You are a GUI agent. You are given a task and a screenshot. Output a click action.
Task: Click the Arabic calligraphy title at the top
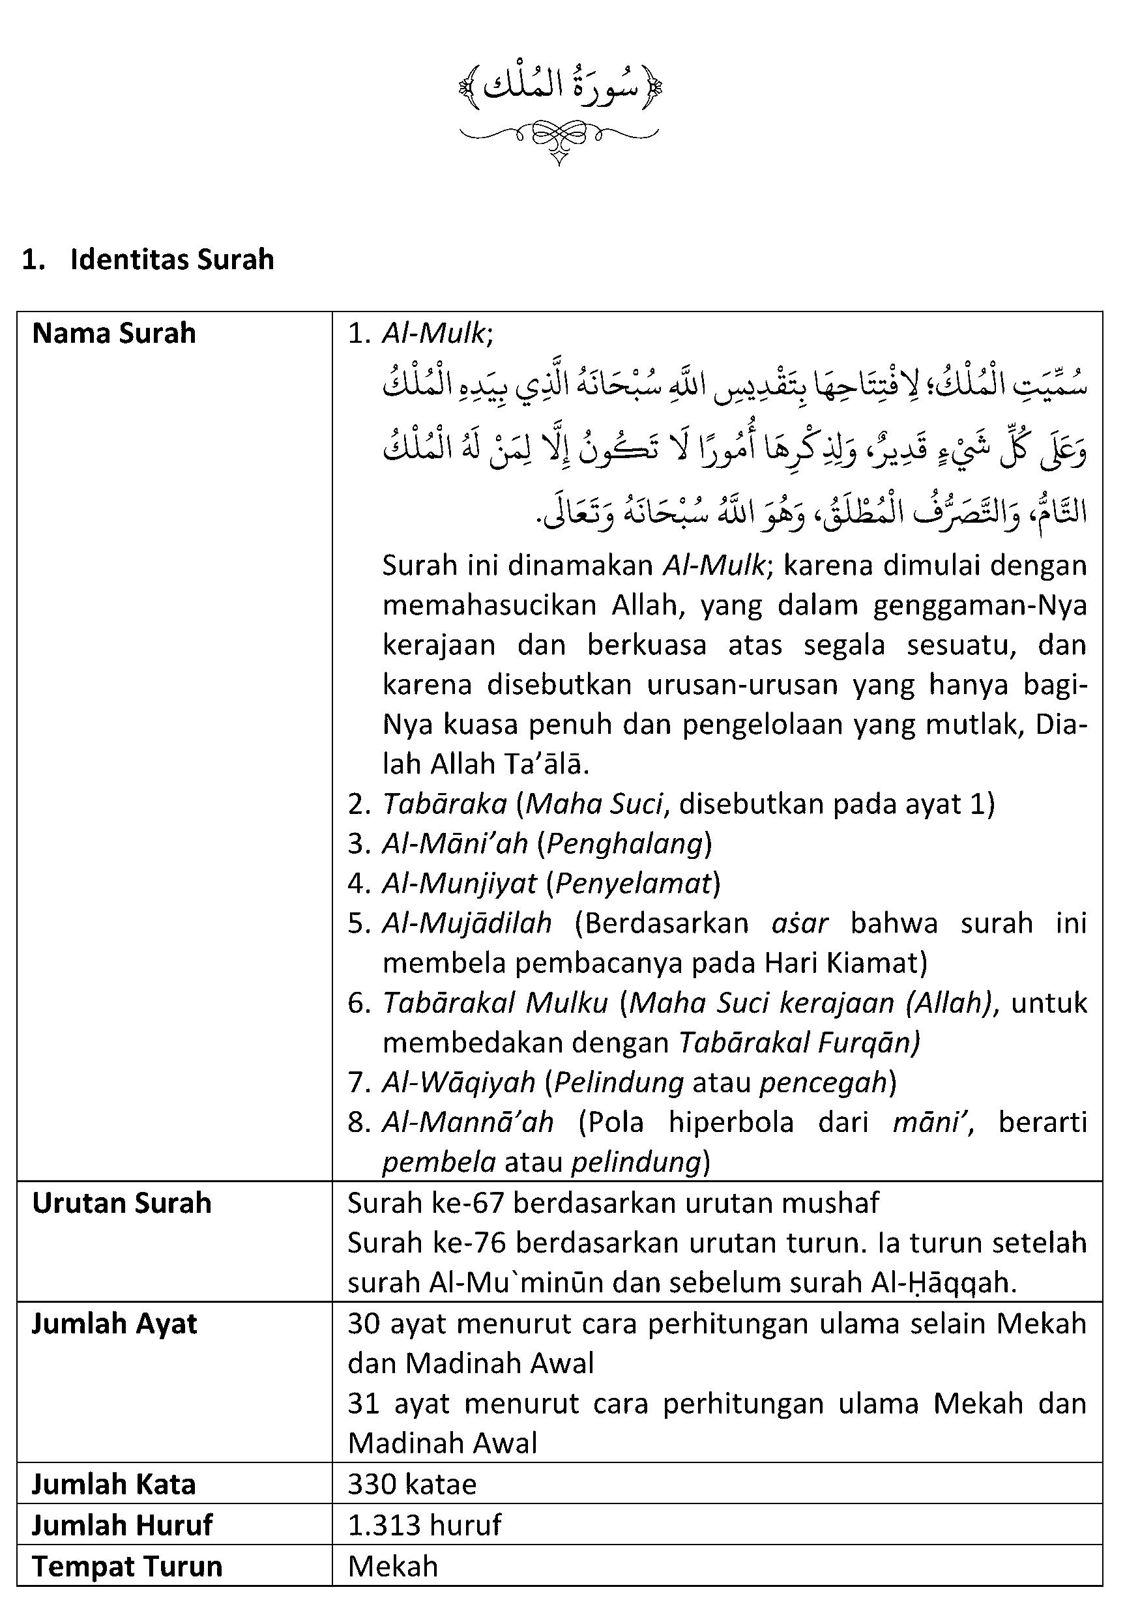tap(559, 87)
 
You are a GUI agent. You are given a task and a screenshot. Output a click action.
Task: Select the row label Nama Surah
tap(113, 333)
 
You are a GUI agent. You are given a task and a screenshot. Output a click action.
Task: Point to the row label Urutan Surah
tap(121, 1202)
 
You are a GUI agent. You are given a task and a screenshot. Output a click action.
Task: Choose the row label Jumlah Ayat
tap(115, 1324)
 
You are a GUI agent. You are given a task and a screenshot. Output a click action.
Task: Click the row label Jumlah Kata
tap(113, 1484)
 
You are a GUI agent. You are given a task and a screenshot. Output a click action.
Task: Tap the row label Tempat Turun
tap(127, 1565)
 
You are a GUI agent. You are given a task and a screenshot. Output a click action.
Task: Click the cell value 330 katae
tap(412, 1484)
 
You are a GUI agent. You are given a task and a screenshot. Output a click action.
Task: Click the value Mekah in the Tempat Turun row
tap(393, 1565)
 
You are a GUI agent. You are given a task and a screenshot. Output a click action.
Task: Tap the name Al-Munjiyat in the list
tap(459, 884)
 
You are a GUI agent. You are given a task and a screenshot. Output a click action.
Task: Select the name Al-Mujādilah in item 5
tap(467, 923)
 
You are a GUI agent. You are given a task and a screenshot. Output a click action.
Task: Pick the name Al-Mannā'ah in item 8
tap(467, 1123)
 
